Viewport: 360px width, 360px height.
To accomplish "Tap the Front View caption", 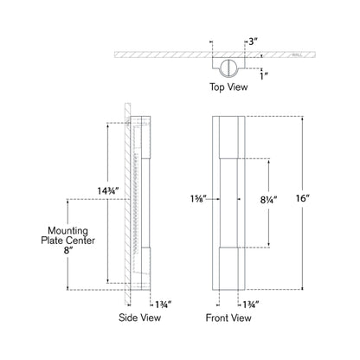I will pos(230,318).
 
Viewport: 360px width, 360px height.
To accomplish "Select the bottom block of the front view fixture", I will pos(229,267).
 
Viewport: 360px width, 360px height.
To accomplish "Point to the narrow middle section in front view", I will pos(229,202).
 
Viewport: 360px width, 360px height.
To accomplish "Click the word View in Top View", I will pos(241,87).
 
